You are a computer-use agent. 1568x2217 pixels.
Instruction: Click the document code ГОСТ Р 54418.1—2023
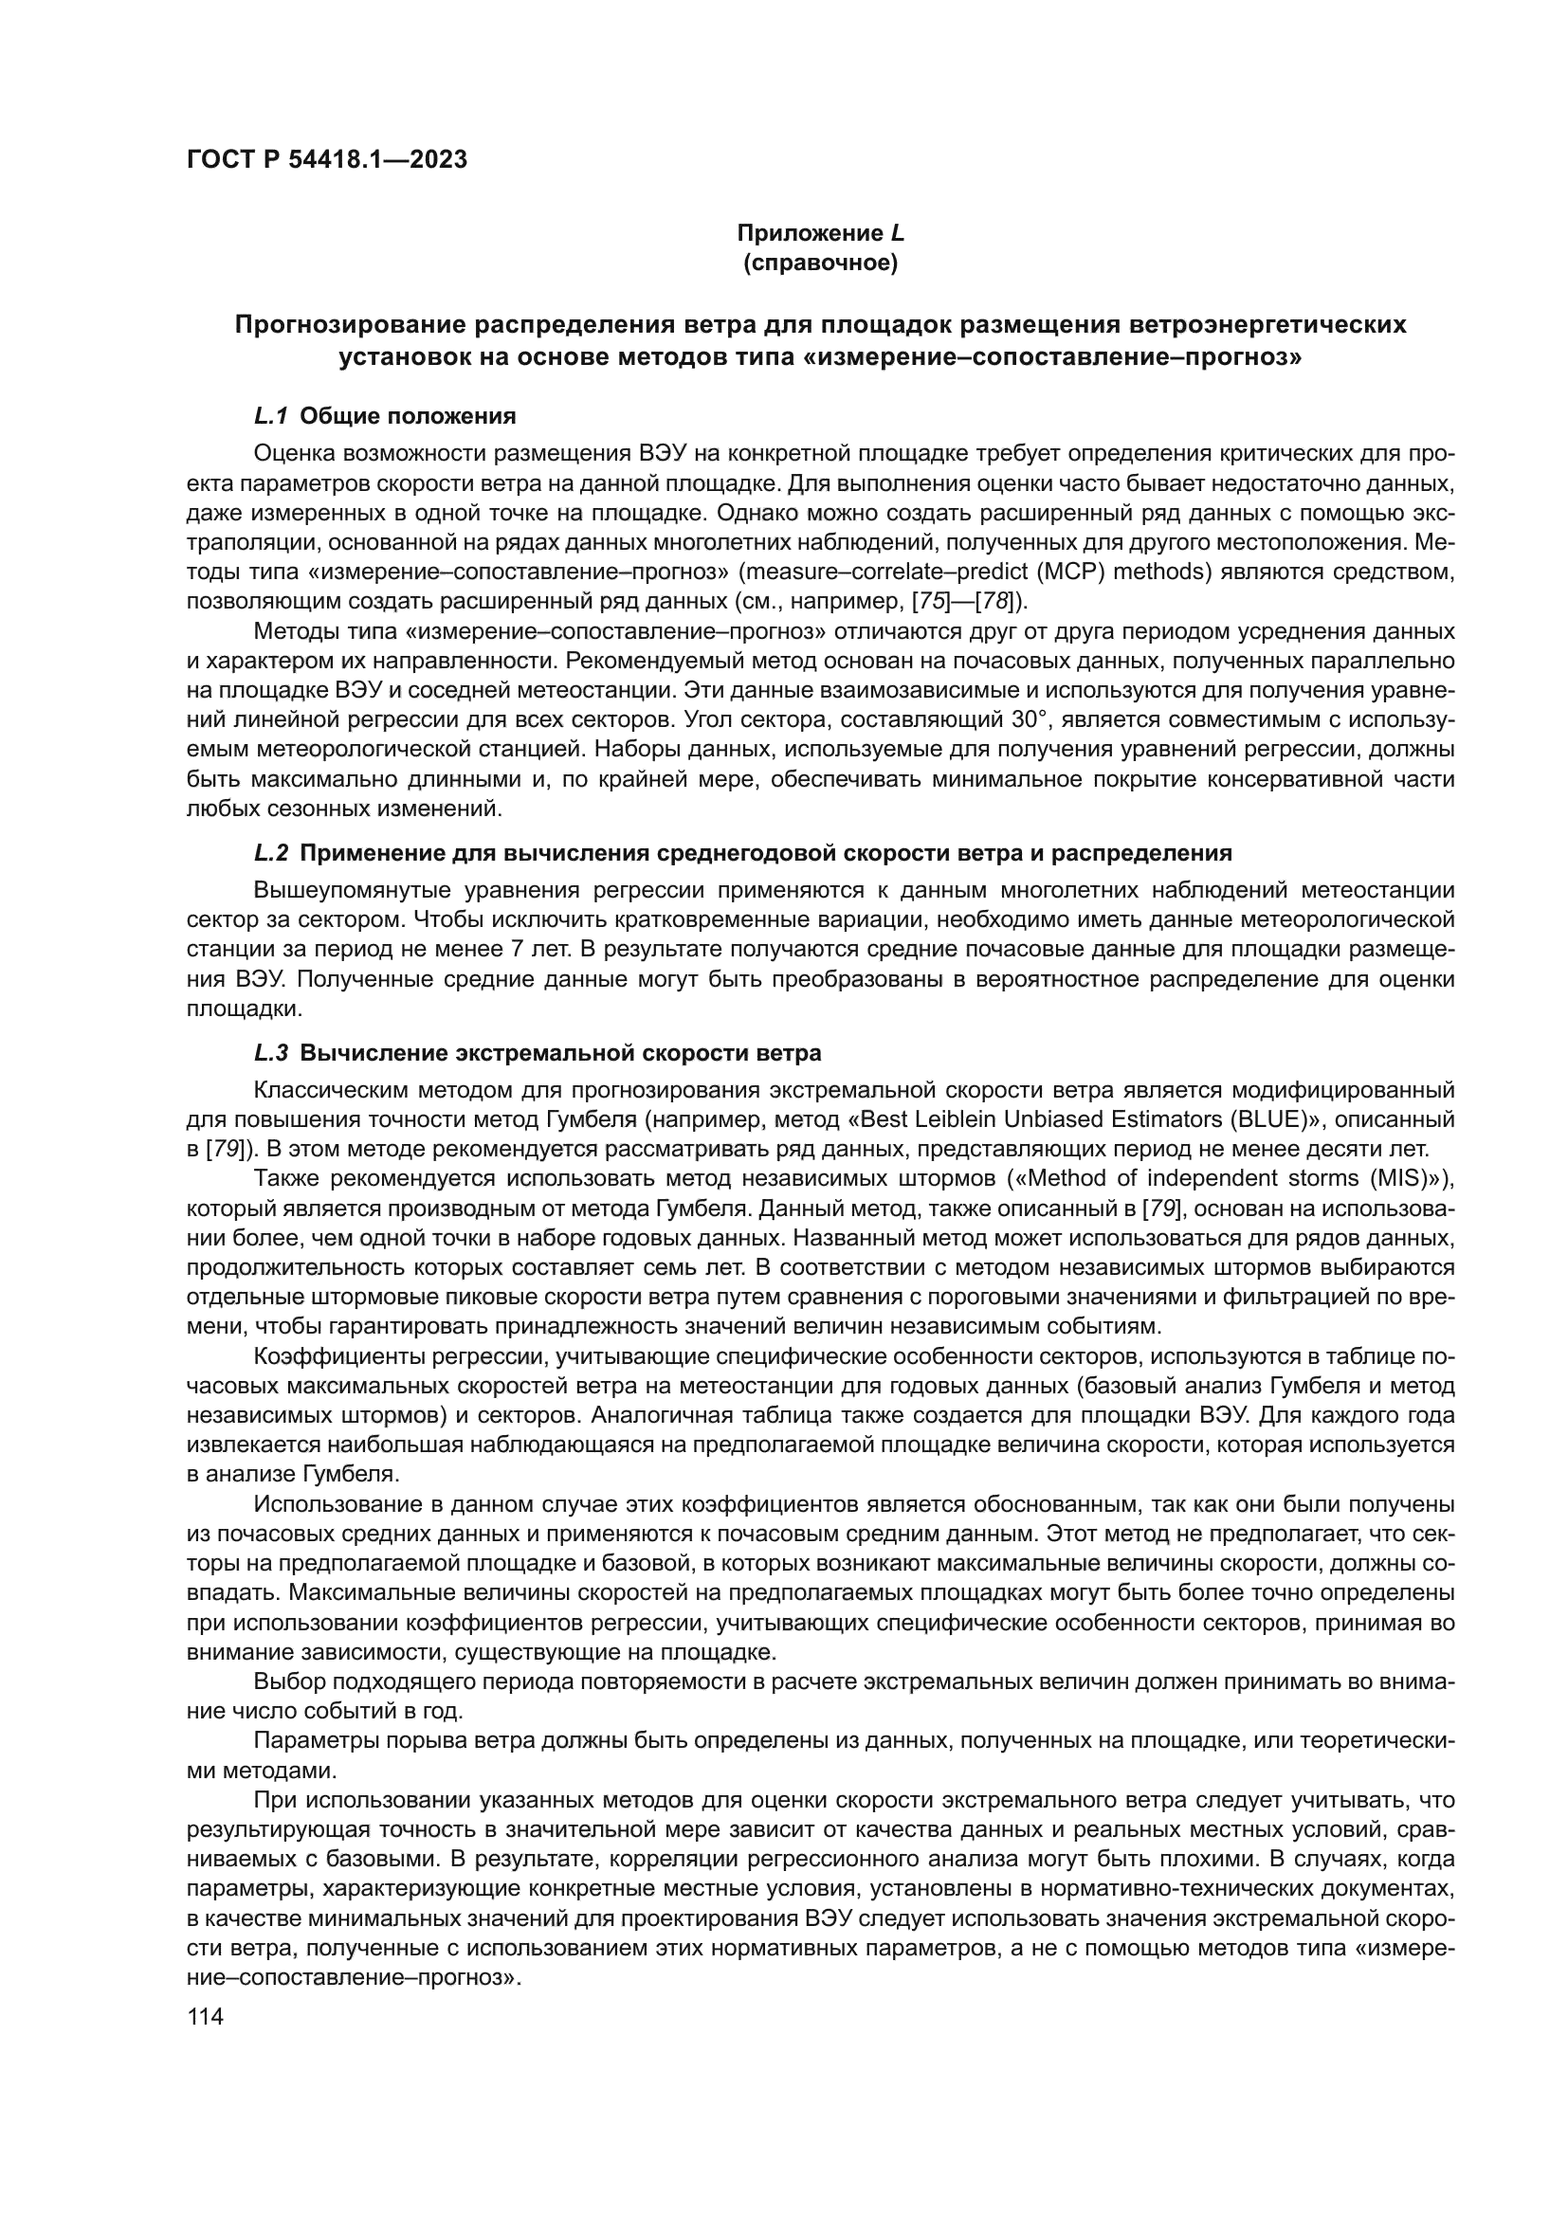326,159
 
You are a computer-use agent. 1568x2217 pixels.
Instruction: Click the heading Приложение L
820,233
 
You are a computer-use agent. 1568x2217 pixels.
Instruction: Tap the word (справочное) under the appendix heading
820,263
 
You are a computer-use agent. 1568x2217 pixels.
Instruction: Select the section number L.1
271,416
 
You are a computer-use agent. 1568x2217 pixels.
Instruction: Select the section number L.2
271,853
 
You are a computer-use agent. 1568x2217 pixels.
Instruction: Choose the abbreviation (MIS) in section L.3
1397,1179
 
